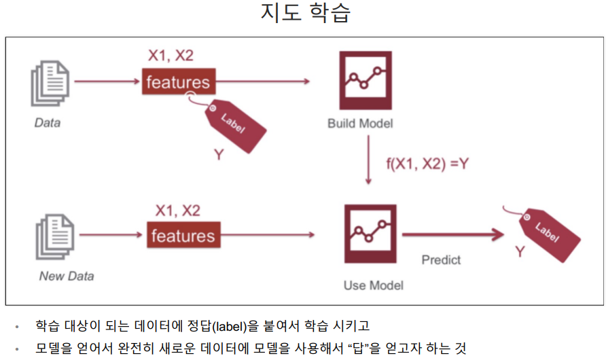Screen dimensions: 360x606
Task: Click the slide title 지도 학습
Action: click(305, 14)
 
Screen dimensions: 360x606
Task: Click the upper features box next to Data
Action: click(178, 83)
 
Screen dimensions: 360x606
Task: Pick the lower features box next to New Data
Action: click(183, 236)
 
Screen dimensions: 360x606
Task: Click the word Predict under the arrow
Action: click(441, 259)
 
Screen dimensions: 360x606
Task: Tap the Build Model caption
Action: click(360, 124)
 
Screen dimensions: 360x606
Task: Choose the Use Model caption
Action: click(373, 285)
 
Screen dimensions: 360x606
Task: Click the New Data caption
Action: click(67, 276)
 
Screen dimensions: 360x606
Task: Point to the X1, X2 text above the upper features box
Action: click(171, 56)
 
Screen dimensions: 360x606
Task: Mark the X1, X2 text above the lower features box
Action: click(177, 211)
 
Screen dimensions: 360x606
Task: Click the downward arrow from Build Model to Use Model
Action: click(368, 160)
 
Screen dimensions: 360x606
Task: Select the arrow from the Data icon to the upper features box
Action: click(105, 82)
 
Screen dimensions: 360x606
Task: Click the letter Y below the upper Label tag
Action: click(219, 155)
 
